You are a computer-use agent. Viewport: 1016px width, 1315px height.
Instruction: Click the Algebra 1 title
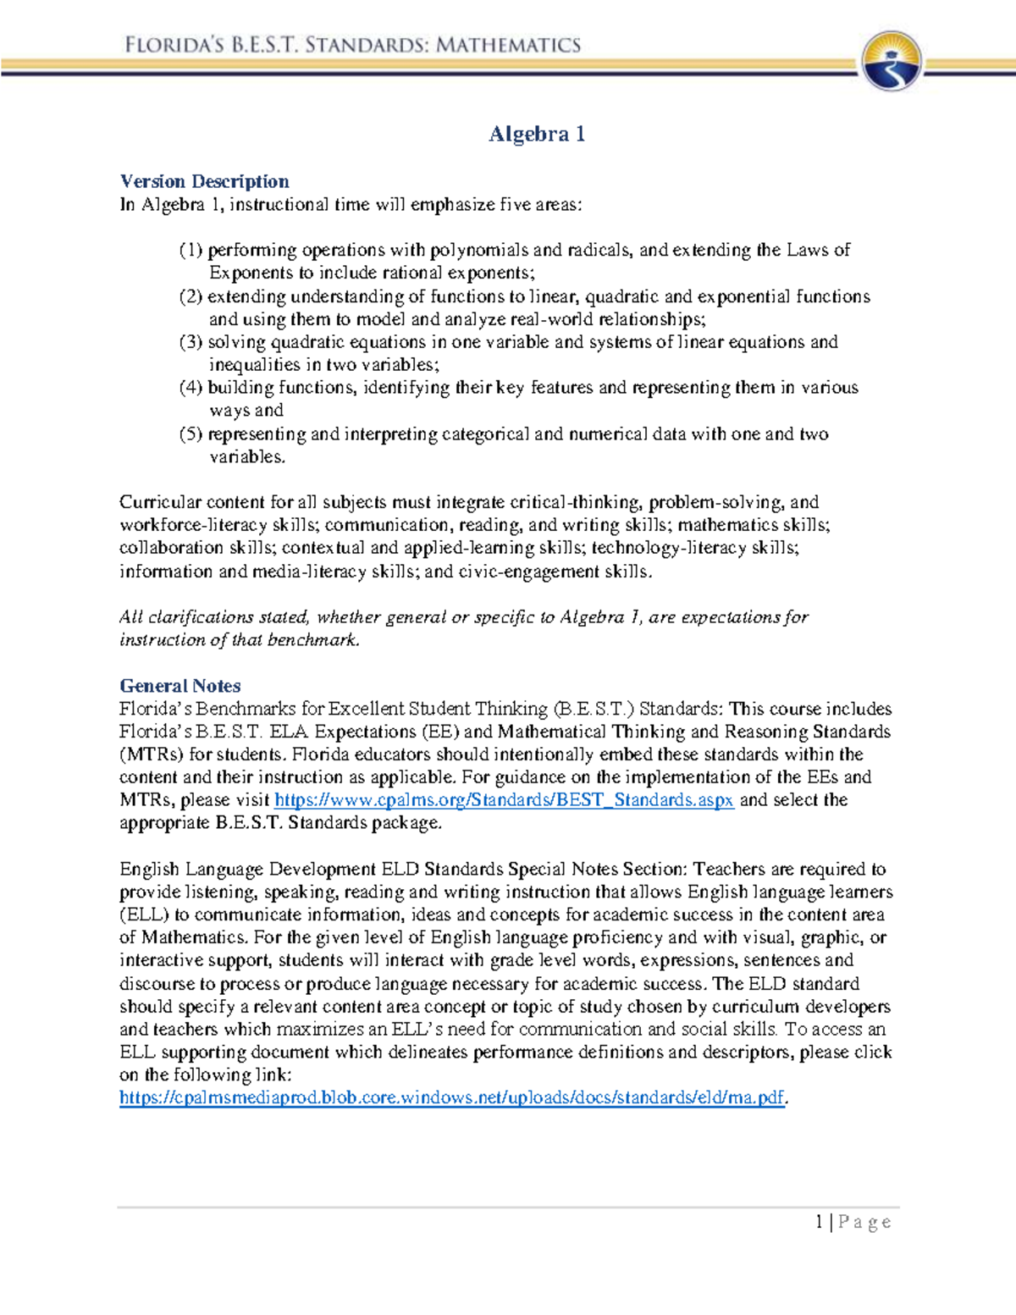click(x=537, y=134)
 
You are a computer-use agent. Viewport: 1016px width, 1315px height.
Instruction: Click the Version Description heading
click(x=204, y=181)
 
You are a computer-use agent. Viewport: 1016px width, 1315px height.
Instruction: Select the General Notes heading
click(x=179, y=686)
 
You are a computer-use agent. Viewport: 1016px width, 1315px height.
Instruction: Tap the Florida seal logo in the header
click(x=892, y=61)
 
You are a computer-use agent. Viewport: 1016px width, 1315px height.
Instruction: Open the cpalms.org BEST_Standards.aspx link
click(x=504, y=800)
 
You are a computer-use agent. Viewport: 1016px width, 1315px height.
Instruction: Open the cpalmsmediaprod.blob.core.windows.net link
click(x=451, y=1098)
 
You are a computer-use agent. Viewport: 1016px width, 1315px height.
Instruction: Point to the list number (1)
click(x=190, y=251)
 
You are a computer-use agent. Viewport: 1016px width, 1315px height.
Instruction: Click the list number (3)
click(x=190, y=342)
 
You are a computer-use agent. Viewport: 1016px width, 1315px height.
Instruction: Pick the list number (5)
click(x=190, y=434)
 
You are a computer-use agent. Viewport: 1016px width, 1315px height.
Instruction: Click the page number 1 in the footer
click(x=819, y=1222)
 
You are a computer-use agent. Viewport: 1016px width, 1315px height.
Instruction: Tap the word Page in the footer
click(x=864, y=1222)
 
